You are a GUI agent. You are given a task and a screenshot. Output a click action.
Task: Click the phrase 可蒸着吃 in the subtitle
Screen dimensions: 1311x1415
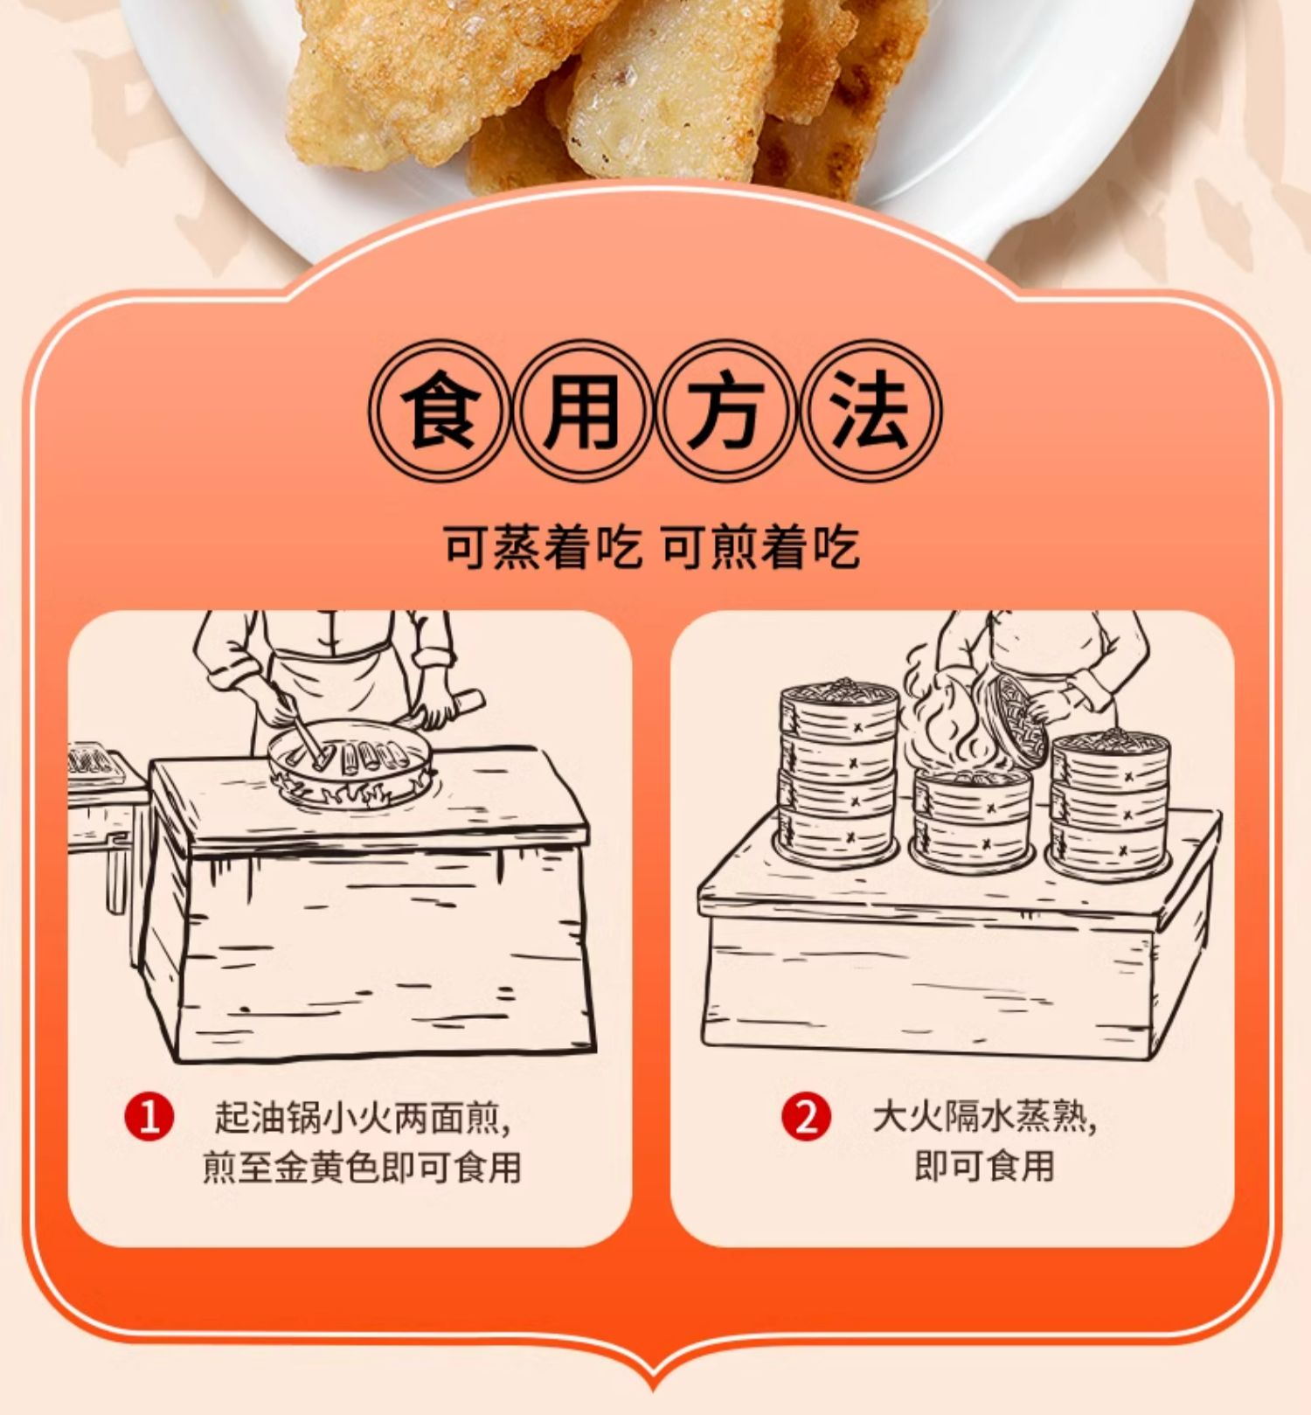tap(541, 548)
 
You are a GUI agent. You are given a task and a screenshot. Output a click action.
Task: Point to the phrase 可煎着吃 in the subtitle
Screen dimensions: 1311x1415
tap(760, 548)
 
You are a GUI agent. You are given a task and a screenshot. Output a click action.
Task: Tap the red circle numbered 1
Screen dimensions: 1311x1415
tap(149, 1117)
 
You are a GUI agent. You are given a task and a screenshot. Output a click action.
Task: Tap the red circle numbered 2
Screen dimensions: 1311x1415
tap(807, 1117)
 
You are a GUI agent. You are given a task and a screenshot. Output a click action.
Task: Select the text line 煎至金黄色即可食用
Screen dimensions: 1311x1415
tap(361, 1168)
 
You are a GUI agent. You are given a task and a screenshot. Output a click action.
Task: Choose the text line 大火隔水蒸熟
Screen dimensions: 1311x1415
tap(983, 1118)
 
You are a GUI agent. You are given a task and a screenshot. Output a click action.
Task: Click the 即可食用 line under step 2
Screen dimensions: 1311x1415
tap(984, 1166)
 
